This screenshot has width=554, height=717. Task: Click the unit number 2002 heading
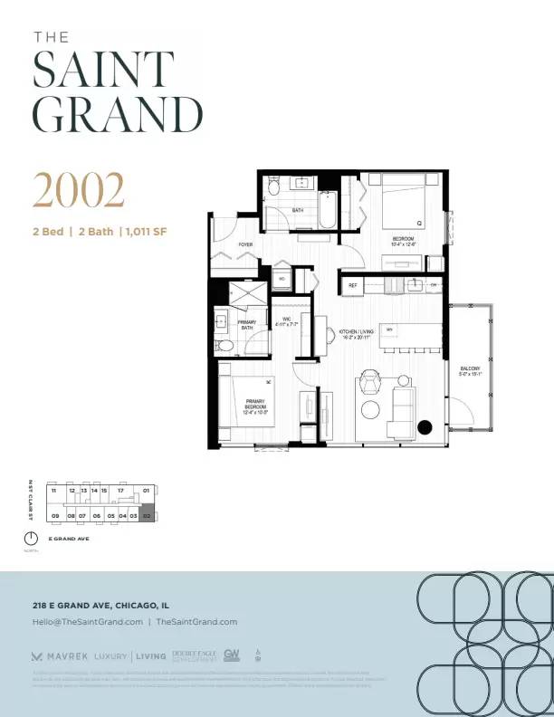(x=79, y=189)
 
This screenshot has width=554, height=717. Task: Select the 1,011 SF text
(x=145, y=232)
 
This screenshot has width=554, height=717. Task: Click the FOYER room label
(x=220, y=244)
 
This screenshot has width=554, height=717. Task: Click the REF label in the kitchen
(x=354, y=285)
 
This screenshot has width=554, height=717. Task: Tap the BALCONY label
(x=471, y=369)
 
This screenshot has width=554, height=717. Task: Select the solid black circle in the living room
(x=425, y=428)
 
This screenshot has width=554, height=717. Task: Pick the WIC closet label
(x=286, y=321)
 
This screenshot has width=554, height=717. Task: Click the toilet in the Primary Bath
(x=225, y=344)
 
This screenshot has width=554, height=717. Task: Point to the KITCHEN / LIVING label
(x=357, y=334)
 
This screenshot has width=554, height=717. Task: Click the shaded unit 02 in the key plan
(x=148, y=515)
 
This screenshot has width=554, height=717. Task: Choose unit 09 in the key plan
(x=55, y=515)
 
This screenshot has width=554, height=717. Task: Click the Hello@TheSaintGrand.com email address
(x=88, y=622)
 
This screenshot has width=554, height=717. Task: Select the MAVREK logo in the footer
(x=59, y=655)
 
